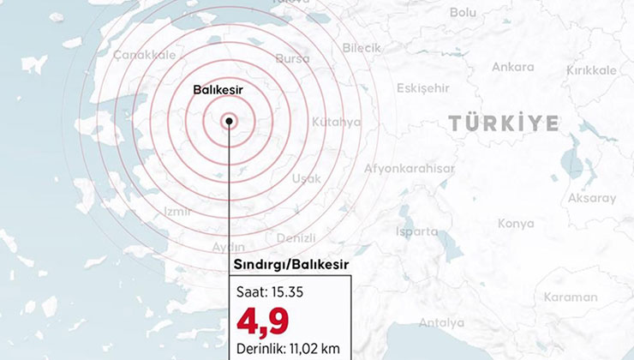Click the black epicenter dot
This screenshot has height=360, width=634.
[x=230, y=121]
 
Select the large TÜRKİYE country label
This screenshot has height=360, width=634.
[x=504, y=123]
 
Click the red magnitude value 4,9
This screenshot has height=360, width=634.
[x=264, y=321]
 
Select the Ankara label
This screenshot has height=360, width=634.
[x=513, y=67]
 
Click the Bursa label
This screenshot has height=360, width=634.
[x=293, y=58]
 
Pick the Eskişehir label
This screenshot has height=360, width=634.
[x=422, y=88]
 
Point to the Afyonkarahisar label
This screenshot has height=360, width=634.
[x=409, y=168]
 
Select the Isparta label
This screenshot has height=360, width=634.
[x=416, y=231]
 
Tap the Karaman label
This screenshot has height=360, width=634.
[x=570, y=297]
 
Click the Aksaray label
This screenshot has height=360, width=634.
[x=591, y=198]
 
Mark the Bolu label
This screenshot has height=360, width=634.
[x=463, y=12]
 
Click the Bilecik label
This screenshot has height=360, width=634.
[x=362, y=48]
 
